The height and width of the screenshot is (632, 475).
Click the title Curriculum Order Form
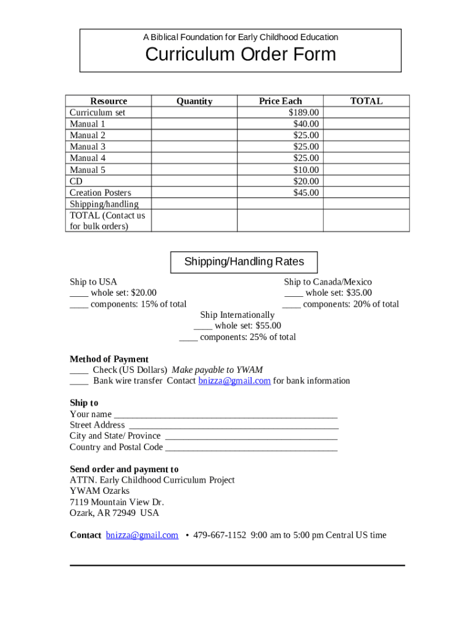point(241,54)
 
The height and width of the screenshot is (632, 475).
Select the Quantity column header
point(194,101)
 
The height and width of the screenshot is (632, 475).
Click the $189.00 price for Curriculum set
point(304,112)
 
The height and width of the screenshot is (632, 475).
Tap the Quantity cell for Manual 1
point(194,124)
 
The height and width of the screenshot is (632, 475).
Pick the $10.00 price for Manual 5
point(306,170)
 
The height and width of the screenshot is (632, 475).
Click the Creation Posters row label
point(101,193)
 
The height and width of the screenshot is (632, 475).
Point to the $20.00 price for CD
point(306,181)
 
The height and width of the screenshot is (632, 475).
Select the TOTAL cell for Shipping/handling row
point(366,204)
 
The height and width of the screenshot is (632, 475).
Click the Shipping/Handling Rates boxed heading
point(244,262)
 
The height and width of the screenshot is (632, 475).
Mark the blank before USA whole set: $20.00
point(79,294)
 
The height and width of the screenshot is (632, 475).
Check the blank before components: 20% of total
point(291,305)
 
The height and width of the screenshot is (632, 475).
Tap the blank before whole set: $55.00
point(203,326)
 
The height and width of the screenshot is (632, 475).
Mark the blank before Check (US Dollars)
point(79,371)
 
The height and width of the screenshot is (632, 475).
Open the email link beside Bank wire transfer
point(234,381)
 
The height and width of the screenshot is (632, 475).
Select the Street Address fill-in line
point(233,426)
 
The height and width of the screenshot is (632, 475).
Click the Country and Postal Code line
point(252,448)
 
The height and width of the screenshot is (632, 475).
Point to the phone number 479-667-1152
point(220,535)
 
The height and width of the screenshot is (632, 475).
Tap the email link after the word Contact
point(142,535)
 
